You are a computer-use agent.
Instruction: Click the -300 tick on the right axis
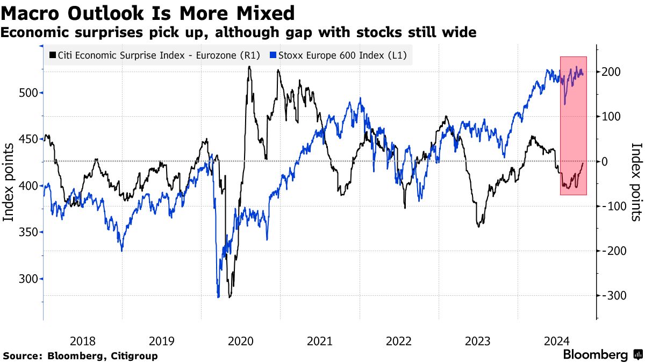(612, 295)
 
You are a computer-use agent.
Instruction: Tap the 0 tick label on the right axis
(605, 161)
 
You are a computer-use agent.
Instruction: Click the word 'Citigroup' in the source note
(133, 355)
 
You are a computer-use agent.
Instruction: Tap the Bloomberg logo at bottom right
(602, 355)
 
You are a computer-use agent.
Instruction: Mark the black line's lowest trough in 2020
(230, 297)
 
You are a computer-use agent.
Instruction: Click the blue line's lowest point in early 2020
(218, 296)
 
